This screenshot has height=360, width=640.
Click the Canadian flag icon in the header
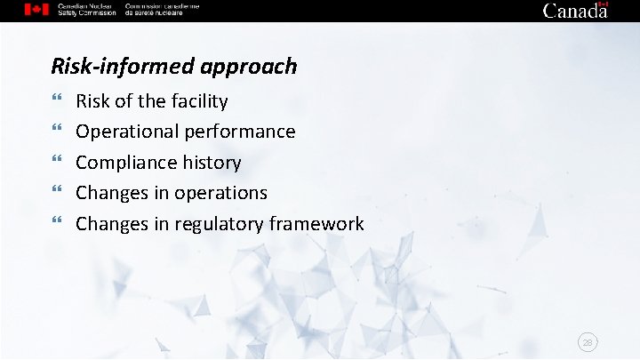click(36, 10)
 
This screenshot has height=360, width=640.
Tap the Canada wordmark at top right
click(575, 11)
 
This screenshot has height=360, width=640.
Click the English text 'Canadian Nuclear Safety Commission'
click(86, 10)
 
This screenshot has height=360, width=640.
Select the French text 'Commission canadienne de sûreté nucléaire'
click(163, 10)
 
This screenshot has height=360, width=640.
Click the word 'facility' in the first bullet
click(196, 101)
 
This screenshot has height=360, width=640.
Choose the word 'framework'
click(320, 224)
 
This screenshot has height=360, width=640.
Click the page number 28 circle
click(588, 341)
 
